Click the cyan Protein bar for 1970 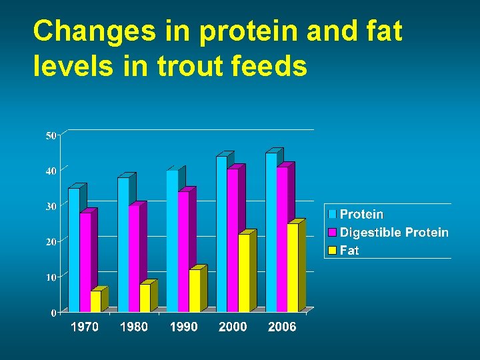[x=73, y=250]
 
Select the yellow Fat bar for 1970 [x=95, y=301]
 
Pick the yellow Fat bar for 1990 [x=194, y=291]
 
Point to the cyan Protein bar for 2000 [x=221, y=234]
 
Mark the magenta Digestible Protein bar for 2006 [x=282, y=239]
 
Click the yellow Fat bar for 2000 [x=243, y=273]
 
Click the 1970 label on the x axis [x=85, y=327]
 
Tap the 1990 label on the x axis [x=183, y=327]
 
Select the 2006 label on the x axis [x=282, y=327]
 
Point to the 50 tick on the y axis [x=51, y=136]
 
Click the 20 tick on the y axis [x=51, y=242]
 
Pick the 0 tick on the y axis [x=53, y=313]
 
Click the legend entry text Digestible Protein [x=394, y=233]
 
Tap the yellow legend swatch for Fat [x=332, y=251]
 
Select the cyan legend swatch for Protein [x=332, y=215]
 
